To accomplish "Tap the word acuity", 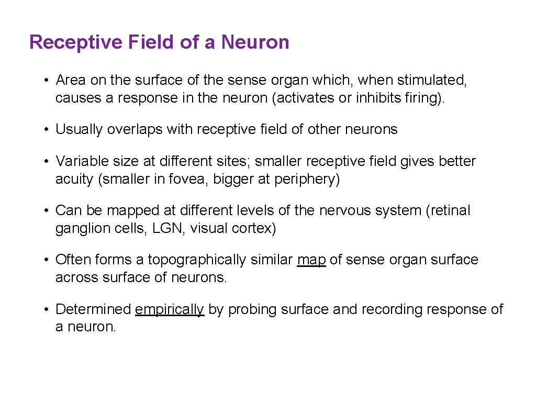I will (x=74, y=179).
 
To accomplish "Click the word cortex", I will (x=253, y=228).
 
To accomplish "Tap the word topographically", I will (x=196, y=260).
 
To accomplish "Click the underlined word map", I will (x=311, y=260).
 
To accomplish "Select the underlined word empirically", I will (x=169, y=309).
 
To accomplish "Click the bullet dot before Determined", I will (x=47, y=309).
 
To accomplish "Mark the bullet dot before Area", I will (x=47, y=80).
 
